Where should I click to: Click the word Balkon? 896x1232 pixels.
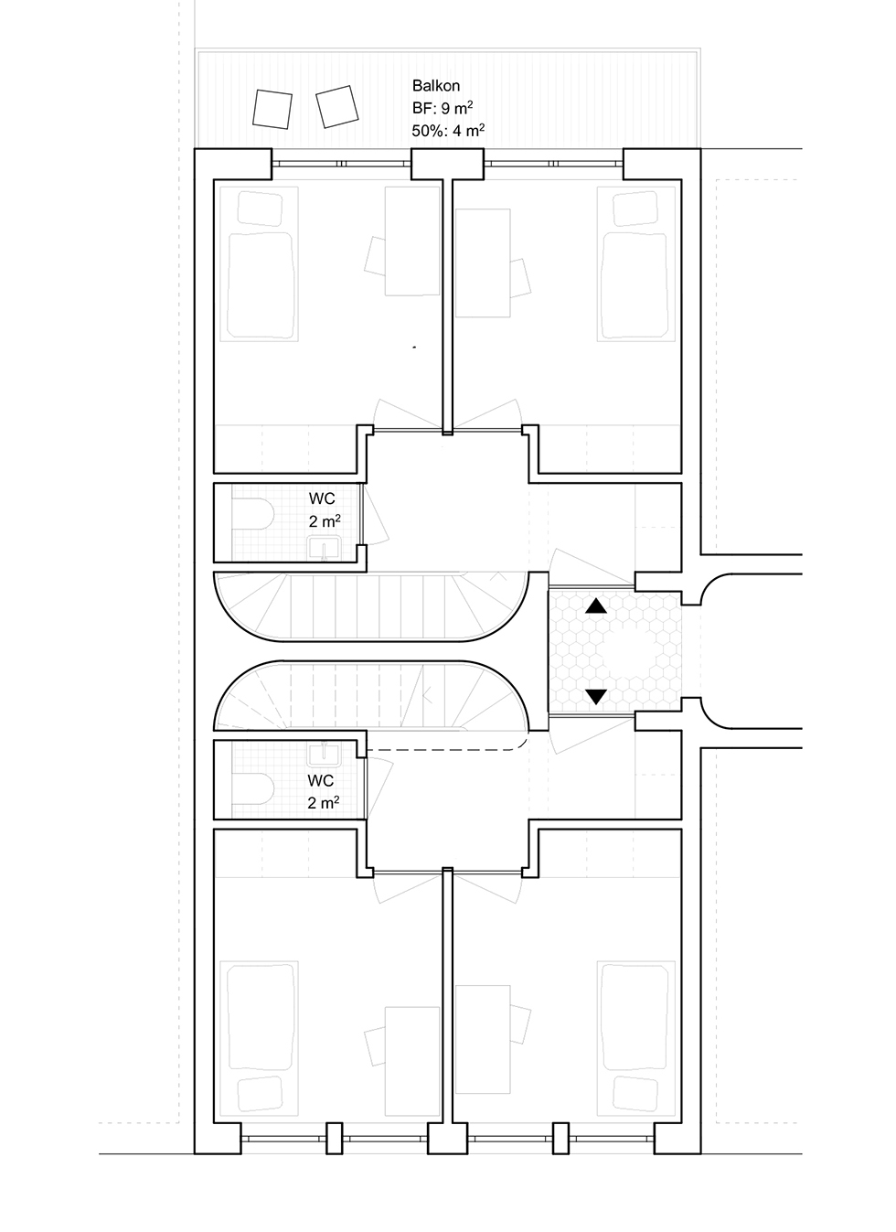click(435, 86)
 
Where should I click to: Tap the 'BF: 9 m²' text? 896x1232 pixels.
click(443, 108)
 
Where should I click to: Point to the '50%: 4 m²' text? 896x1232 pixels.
click(448, 131)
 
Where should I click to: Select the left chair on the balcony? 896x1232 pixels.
click(272, 110)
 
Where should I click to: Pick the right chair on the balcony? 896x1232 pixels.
click(337, 107)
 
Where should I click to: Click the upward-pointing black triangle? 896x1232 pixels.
click(596, 606)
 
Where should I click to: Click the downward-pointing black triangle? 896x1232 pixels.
click(596, 697)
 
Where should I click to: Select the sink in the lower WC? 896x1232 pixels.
click(325, 755)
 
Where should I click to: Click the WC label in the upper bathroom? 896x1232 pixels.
click(322, 498)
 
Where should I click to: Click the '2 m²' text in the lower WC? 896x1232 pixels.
click(324, 803)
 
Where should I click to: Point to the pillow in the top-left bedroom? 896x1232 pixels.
click(260, 208)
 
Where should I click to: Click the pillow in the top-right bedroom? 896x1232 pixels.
click(635, 208)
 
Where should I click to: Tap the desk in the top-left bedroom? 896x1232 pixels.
click(412, 241)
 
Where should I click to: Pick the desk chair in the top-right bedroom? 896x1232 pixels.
click(520, 278)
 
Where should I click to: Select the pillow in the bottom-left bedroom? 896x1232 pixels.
click(260, 1095)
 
